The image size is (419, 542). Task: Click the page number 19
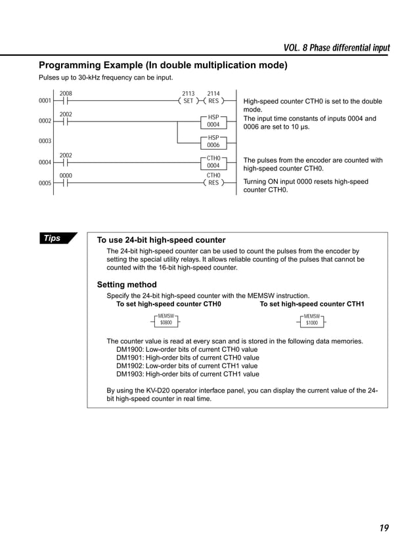click(384, 527)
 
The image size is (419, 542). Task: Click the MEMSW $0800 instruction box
click(165, 320)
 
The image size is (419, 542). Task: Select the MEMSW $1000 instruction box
click(312, 320)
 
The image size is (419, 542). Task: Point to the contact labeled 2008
click(66, 102)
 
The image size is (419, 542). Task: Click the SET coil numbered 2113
click(188, 102)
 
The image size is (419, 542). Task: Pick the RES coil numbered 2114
click(213, 102)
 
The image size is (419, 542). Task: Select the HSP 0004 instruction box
click(213, 121)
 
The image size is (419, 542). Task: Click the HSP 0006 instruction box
click(213, 141)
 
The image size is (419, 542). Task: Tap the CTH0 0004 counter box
click(213, 162)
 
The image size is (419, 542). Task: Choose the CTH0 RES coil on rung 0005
click(213, 183)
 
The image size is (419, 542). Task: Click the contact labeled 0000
click(66, 183)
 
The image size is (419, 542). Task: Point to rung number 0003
click(45, 141)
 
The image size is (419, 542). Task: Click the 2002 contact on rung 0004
click(66, 162)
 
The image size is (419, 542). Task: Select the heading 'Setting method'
click(127, 285)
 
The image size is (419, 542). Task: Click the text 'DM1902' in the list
click(129, 366)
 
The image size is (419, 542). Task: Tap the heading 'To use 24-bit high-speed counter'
click(161, 240)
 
